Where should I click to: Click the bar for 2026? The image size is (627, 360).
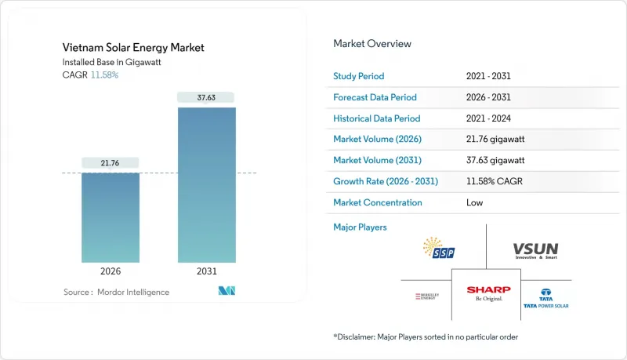click(111, 217)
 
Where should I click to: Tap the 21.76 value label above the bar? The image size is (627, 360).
click(111, 162)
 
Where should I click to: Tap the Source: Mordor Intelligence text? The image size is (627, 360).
click(116, 292)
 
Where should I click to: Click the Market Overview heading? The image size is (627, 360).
click(372, 44)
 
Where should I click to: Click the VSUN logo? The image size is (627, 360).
click(535, 250)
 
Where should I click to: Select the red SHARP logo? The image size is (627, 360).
click(488, 293)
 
